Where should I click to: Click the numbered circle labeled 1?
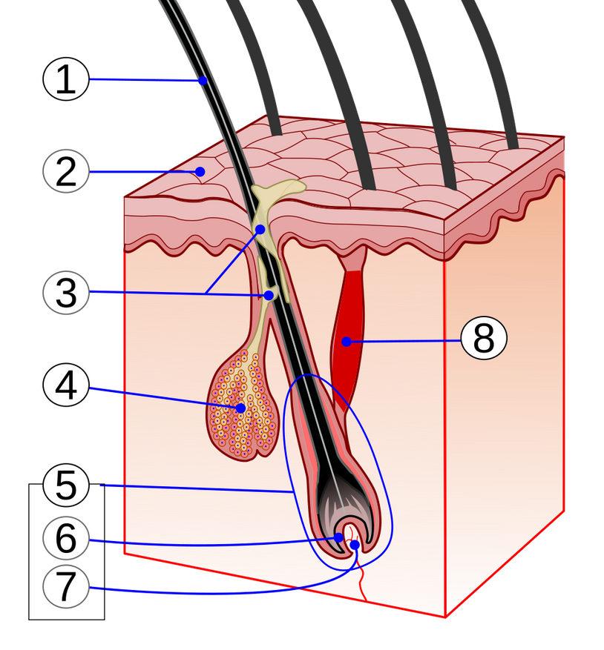(65, 79)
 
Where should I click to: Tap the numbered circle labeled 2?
(65, 172)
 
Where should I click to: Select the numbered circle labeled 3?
(65, 293)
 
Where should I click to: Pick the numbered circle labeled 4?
(65, 387)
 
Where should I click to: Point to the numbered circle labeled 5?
(65, 486)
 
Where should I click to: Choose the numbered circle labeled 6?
(65, 540)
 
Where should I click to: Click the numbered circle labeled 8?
(483, 339)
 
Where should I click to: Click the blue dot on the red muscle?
(346, 342)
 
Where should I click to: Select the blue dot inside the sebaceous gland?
(241, 408)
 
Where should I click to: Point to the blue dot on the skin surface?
(200, 172)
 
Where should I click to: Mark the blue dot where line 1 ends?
(202, 82)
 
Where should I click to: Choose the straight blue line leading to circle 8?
(404, 341)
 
